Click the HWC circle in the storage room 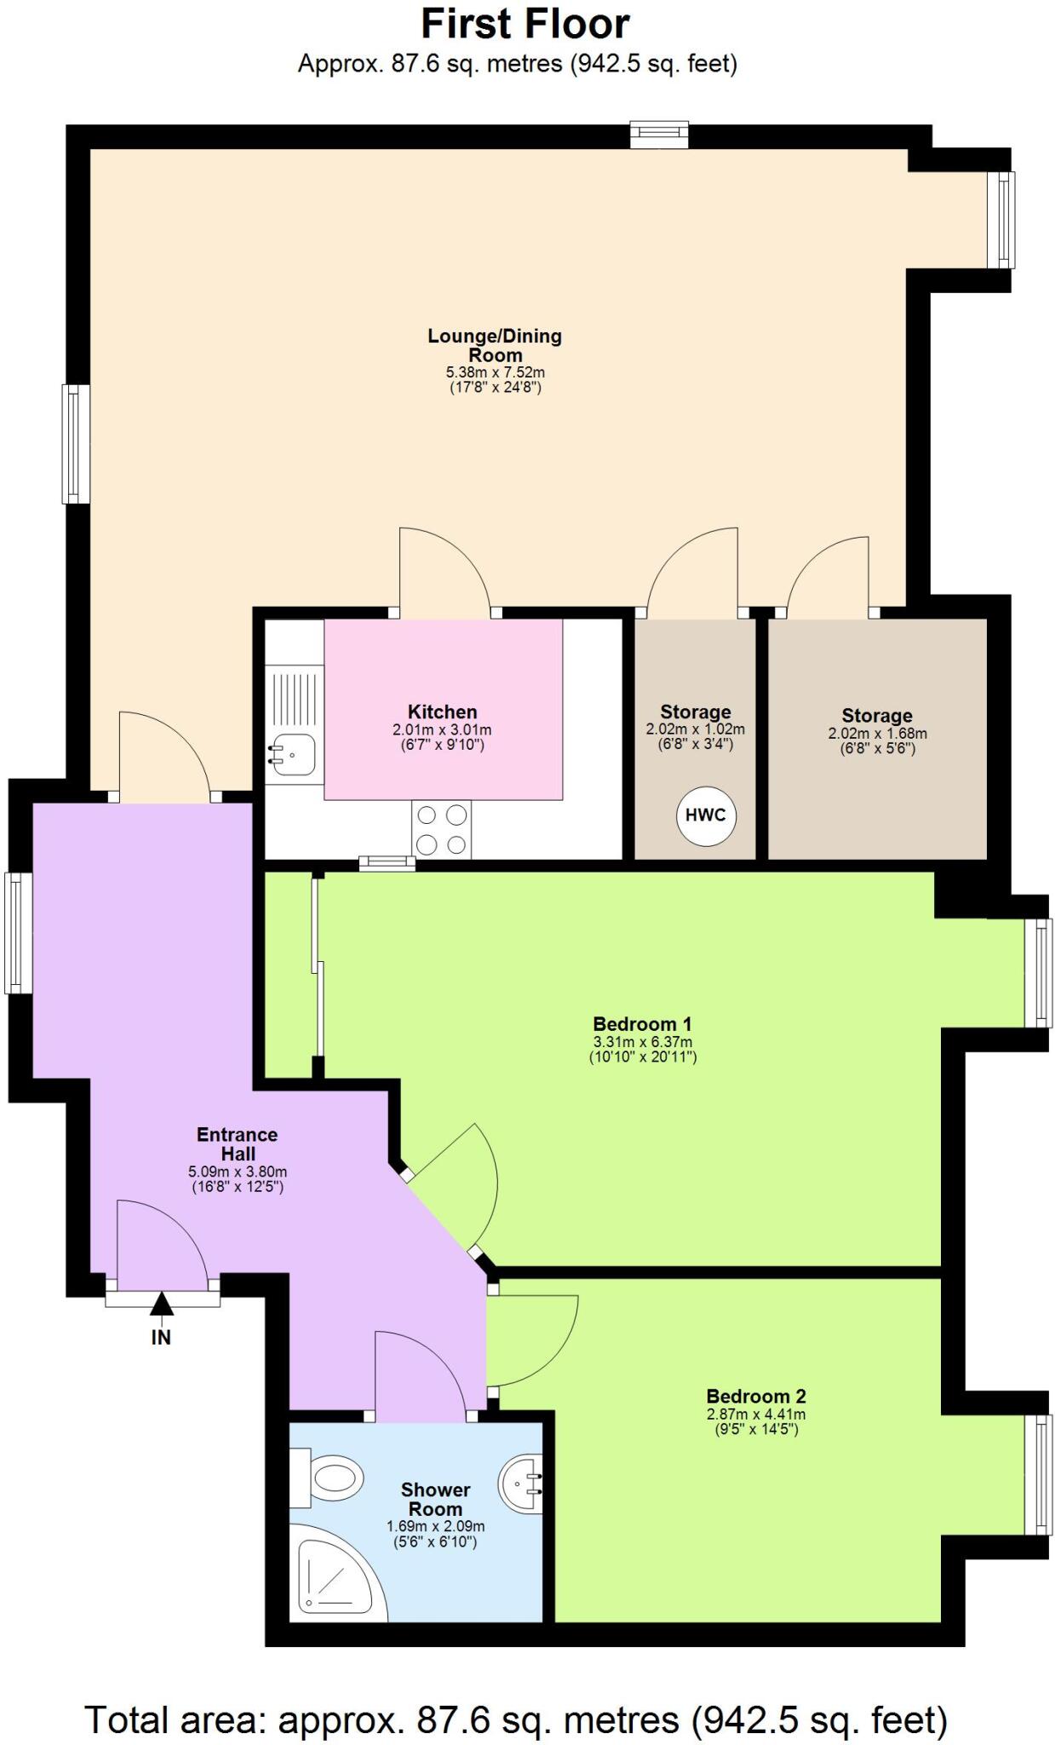pyautogui.click(x=706, y=815)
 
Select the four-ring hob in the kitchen pyautogui.click(x=441, y=829)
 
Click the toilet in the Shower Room pyautogui.click(x=327, y=1475)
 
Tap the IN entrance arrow pyautogui.click(x=162, y=1304)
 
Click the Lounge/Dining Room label pyautogui.click(x=495, y=345)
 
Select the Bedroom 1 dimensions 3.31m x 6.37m pyautogui.click(x=642, y=1042)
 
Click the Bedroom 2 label pyautogui.click(x=755, y=1396)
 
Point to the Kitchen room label pyautogui.click(x=442, y=711)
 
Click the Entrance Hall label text pyautogui.click(x=237, y=1144)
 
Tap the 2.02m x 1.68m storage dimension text pyautogui.click(x=877, y=734)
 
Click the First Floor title pyautogui.click(x=525, y=24)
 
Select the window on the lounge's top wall pyautogui.click(x=658, y=134)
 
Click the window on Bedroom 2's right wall pyautogui.click(x=1039, y=1474)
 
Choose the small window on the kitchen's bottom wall pyautogui.click(x=387, y=863)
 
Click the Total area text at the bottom pyautogui.click(x=516, y=1719)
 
